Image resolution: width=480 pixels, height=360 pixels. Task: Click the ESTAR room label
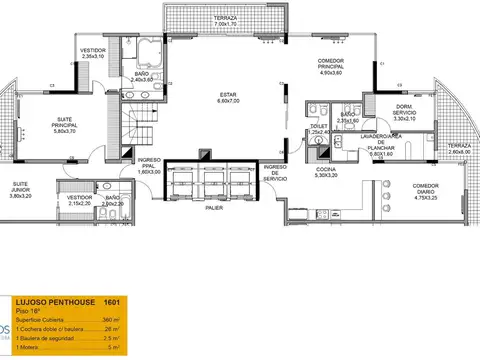(229, 96)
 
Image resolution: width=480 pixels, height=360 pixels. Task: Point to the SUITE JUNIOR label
(19, 189)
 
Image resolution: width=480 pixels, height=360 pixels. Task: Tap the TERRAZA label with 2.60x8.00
(459, 149)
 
